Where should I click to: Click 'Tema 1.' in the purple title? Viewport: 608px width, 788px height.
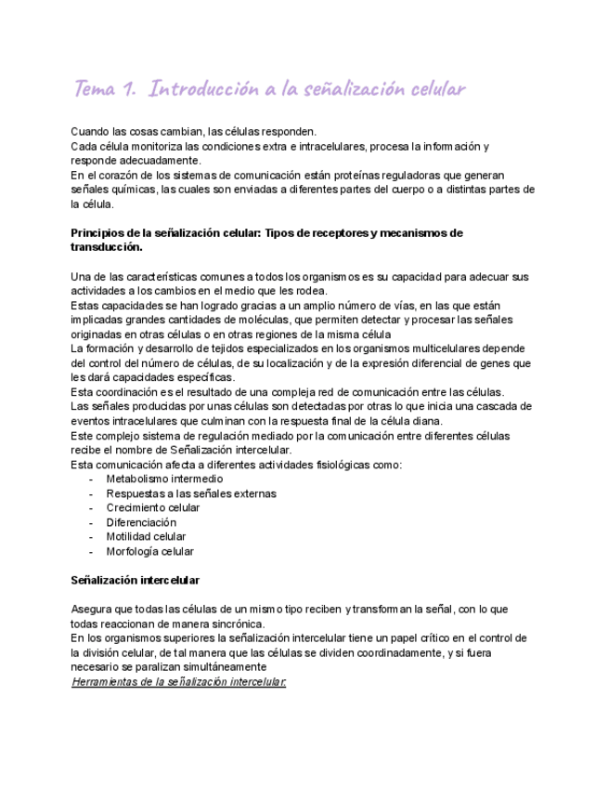[105, 90]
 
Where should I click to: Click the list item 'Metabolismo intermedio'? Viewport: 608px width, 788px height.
[164, 479]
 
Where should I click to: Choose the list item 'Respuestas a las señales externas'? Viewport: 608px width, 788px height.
[191, 493]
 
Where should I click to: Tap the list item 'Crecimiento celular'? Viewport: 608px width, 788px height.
[153, 507]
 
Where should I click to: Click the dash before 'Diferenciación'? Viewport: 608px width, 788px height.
[91, 522]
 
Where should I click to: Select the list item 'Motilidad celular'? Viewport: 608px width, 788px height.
[146, 536]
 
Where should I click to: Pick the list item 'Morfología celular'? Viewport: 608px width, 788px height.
[150, 551]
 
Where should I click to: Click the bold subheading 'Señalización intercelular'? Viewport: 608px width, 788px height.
[136, 580]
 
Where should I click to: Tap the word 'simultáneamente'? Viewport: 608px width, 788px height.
[223, 666]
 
